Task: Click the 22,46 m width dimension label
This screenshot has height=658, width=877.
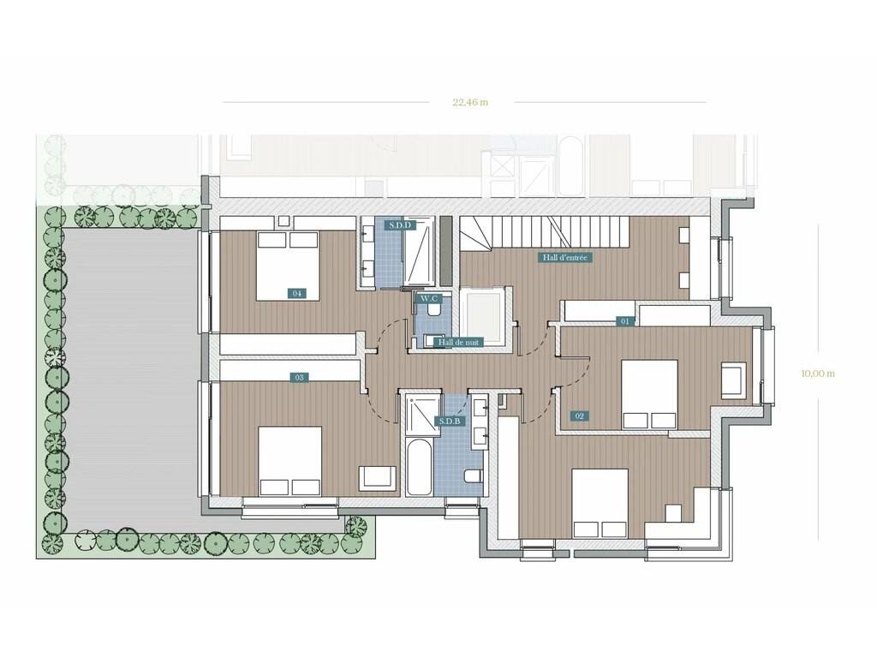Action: (470, 102)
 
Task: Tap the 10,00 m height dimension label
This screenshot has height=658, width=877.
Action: (818, 374)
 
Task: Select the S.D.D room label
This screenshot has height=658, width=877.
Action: (401, 225)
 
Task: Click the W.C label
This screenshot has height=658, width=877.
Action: (429, 299)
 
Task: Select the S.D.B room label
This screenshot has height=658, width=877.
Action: (450, 421)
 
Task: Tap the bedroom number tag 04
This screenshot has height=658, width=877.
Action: (297, 293)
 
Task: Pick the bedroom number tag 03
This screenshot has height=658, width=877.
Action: (299, 378)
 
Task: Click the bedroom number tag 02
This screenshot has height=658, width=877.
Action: (579, 416)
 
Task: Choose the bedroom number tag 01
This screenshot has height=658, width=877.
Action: (624, 322)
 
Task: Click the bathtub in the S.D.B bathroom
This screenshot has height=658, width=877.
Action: (420, 467)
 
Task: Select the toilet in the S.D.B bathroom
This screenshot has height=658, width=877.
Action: (473, 476)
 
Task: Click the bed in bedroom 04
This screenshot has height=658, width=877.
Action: (288, 266)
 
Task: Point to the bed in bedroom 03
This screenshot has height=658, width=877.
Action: (290, 461)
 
